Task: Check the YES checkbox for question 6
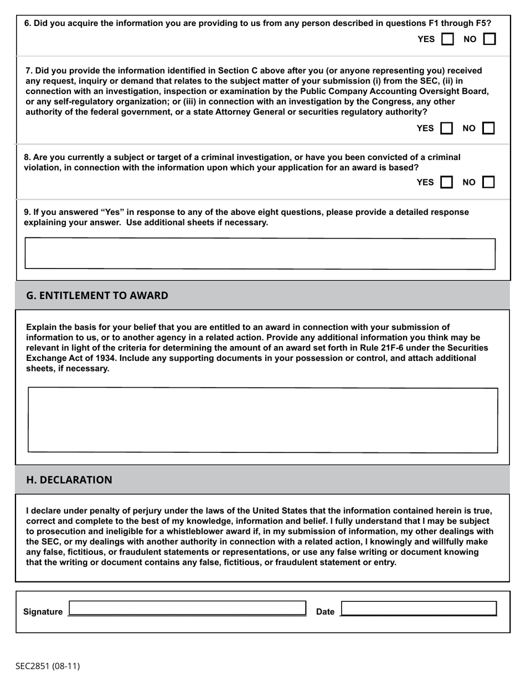(447, 39)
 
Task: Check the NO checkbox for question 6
(489, 39)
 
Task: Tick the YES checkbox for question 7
(446, 128)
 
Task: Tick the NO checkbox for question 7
(488, 128)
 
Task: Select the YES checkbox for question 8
(446, 182)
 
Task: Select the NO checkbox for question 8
(488, 182)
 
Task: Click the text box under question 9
(260, 254)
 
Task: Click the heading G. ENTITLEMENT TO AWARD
(97, 296)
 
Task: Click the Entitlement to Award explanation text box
(262, 420)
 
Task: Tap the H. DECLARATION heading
(69, 480)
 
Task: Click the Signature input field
(187, 608)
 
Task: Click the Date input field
(419, 608)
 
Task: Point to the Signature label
(43, 612)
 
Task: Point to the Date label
(325, 612)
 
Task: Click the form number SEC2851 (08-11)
(48, 666)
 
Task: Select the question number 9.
(27, 213)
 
